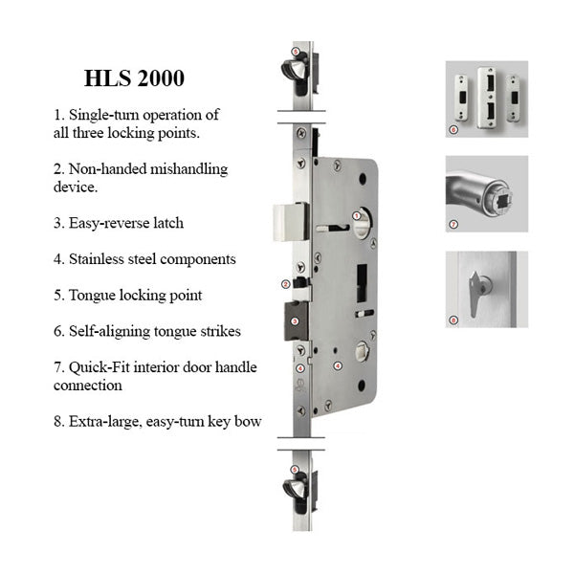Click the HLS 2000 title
click(x=134, y=78)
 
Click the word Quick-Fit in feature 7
click(x=99, y=367)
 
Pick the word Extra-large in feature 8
click(x=105, y=422)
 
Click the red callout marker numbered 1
click(x=355, y=215)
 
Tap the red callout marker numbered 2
click(x=285, y=284)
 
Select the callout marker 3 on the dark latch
click(x=295, y=321)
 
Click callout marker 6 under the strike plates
click(x=453, y=129)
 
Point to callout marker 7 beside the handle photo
click(x=453, y=224)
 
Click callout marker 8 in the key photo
click(x=453, y=320)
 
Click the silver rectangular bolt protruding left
click(x=291, y=222)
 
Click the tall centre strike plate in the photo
click(x=487, y=98)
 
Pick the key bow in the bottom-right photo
click(x=475, y=294)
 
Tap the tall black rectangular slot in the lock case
click(x=362, y=283)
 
